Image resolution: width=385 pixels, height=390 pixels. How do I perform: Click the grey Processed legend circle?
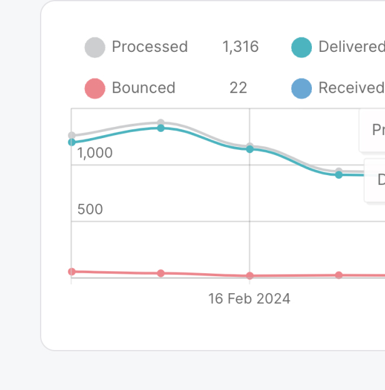[95, 47]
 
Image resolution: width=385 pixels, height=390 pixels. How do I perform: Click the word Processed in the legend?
[149, 47]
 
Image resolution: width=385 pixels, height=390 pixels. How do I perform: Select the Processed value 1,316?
[240, 47]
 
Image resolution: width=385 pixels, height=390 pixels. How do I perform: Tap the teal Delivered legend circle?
[301, 47]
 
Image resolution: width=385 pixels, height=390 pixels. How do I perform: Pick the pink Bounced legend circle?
[95, 88]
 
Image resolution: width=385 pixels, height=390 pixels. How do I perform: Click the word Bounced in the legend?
[143, 88]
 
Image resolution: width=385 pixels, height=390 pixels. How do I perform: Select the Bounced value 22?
[238, 88]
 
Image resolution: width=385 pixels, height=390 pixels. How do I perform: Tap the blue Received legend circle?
[301, 88]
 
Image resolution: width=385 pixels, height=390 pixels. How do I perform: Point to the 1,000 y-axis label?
[95, 153]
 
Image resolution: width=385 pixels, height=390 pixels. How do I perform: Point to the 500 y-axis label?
[90, 209]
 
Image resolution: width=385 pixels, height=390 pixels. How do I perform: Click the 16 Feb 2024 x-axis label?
[249, 299]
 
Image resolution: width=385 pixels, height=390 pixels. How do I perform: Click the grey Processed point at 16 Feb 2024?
[249, 146]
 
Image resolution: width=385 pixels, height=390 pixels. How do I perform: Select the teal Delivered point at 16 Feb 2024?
[249, 149]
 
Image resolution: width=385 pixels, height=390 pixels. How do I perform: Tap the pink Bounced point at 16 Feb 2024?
[249, 276]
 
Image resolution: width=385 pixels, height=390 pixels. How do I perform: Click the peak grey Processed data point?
[161, 122]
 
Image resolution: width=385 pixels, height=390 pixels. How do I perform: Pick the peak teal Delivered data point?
[161, 128]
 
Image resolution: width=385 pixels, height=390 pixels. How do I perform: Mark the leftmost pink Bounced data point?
[72, 271]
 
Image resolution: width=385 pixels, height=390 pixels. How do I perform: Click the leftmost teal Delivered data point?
[72, 142]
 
